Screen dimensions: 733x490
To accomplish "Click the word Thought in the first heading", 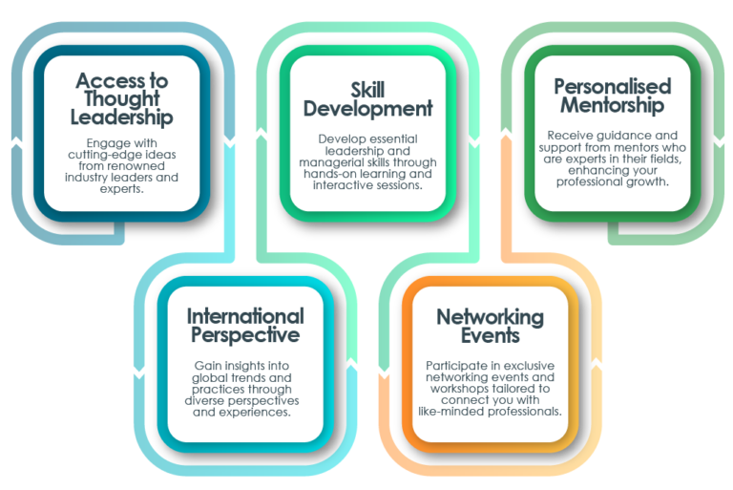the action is (122, 98).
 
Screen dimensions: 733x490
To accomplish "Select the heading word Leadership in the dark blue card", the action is (121, 117).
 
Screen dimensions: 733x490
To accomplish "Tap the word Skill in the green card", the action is (367, 90).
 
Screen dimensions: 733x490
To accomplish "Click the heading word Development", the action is (367, 109).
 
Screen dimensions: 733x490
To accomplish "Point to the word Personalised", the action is (613, 87).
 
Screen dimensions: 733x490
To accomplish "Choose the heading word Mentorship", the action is (613, 105).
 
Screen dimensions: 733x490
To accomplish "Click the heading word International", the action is (245, 316).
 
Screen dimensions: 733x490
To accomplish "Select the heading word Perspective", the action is (245, 335).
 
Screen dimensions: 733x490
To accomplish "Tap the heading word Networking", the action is (491, 317).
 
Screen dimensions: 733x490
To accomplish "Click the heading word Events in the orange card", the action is (491, 335).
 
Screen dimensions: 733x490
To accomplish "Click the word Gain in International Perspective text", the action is (207, 366).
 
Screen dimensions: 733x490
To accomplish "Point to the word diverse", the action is (204, 401).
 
